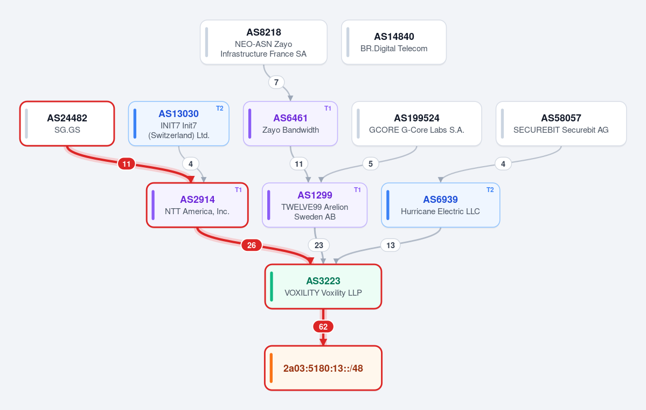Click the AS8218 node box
click(263, 42)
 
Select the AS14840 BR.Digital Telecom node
click(394, 42)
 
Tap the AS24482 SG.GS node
click(67, 124)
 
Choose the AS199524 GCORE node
click(416, 124)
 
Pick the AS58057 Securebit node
click(561, 124)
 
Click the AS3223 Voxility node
click(323, 286)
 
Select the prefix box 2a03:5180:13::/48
click(323, 368)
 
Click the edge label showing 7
click(276, 83)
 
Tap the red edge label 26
click(251, 245)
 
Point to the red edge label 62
click(323, 327)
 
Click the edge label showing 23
click(319, 245)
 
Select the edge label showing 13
click(391, 245)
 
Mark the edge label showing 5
click(371, 164)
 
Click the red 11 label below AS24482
click(127, 164)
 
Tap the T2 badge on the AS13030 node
click(220, 108)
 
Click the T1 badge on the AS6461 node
click(328, 108)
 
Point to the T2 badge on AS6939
click(490, 190)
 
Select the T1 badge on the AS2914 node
click(239, 190)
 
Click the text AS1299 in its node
click(315, 195)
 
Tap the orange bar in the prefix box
click(271, 368)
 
